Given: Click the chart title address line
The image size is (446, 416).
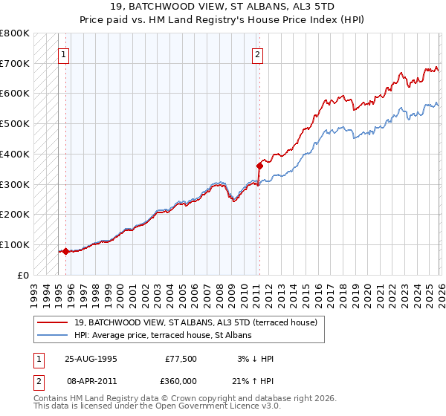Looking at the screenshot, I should (x=223, y=6).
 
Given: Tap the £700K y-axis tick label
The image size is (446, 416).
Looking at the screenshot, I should (x=15, y=64).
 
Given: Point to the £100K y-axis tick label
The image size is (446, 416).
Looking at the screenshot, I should (x=15, y=244).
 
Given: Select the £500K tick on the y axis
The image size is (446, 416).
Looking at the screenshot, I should (x=15, y=124).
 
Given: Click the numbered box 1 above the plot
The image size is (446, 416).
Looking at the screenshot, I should (x=64, y=54).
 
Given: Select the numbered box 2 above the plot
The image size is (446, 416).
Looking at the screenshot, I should (x=258, y=54).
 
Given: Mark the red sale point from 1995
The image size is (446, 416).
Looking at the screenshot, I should (x=65, y=251).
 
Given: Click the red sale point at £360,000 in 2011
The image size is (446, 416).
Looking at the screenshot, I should (x=259, y=166).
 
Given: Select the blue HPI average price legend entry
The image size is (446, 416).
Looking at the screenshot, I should (x=164, y=336).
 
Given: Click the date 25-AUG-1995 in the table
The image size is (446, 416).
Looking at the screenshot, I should (x=91, y=359).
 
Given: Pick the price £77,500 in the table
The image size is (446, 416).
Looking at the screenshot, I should (x=181, y=359).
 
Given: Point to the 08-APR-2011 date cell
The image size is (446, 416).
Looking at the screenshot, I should (x=91, y=380).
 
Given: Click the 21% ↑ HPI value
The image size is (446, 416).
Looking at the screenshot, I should (x=253, y=380).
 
